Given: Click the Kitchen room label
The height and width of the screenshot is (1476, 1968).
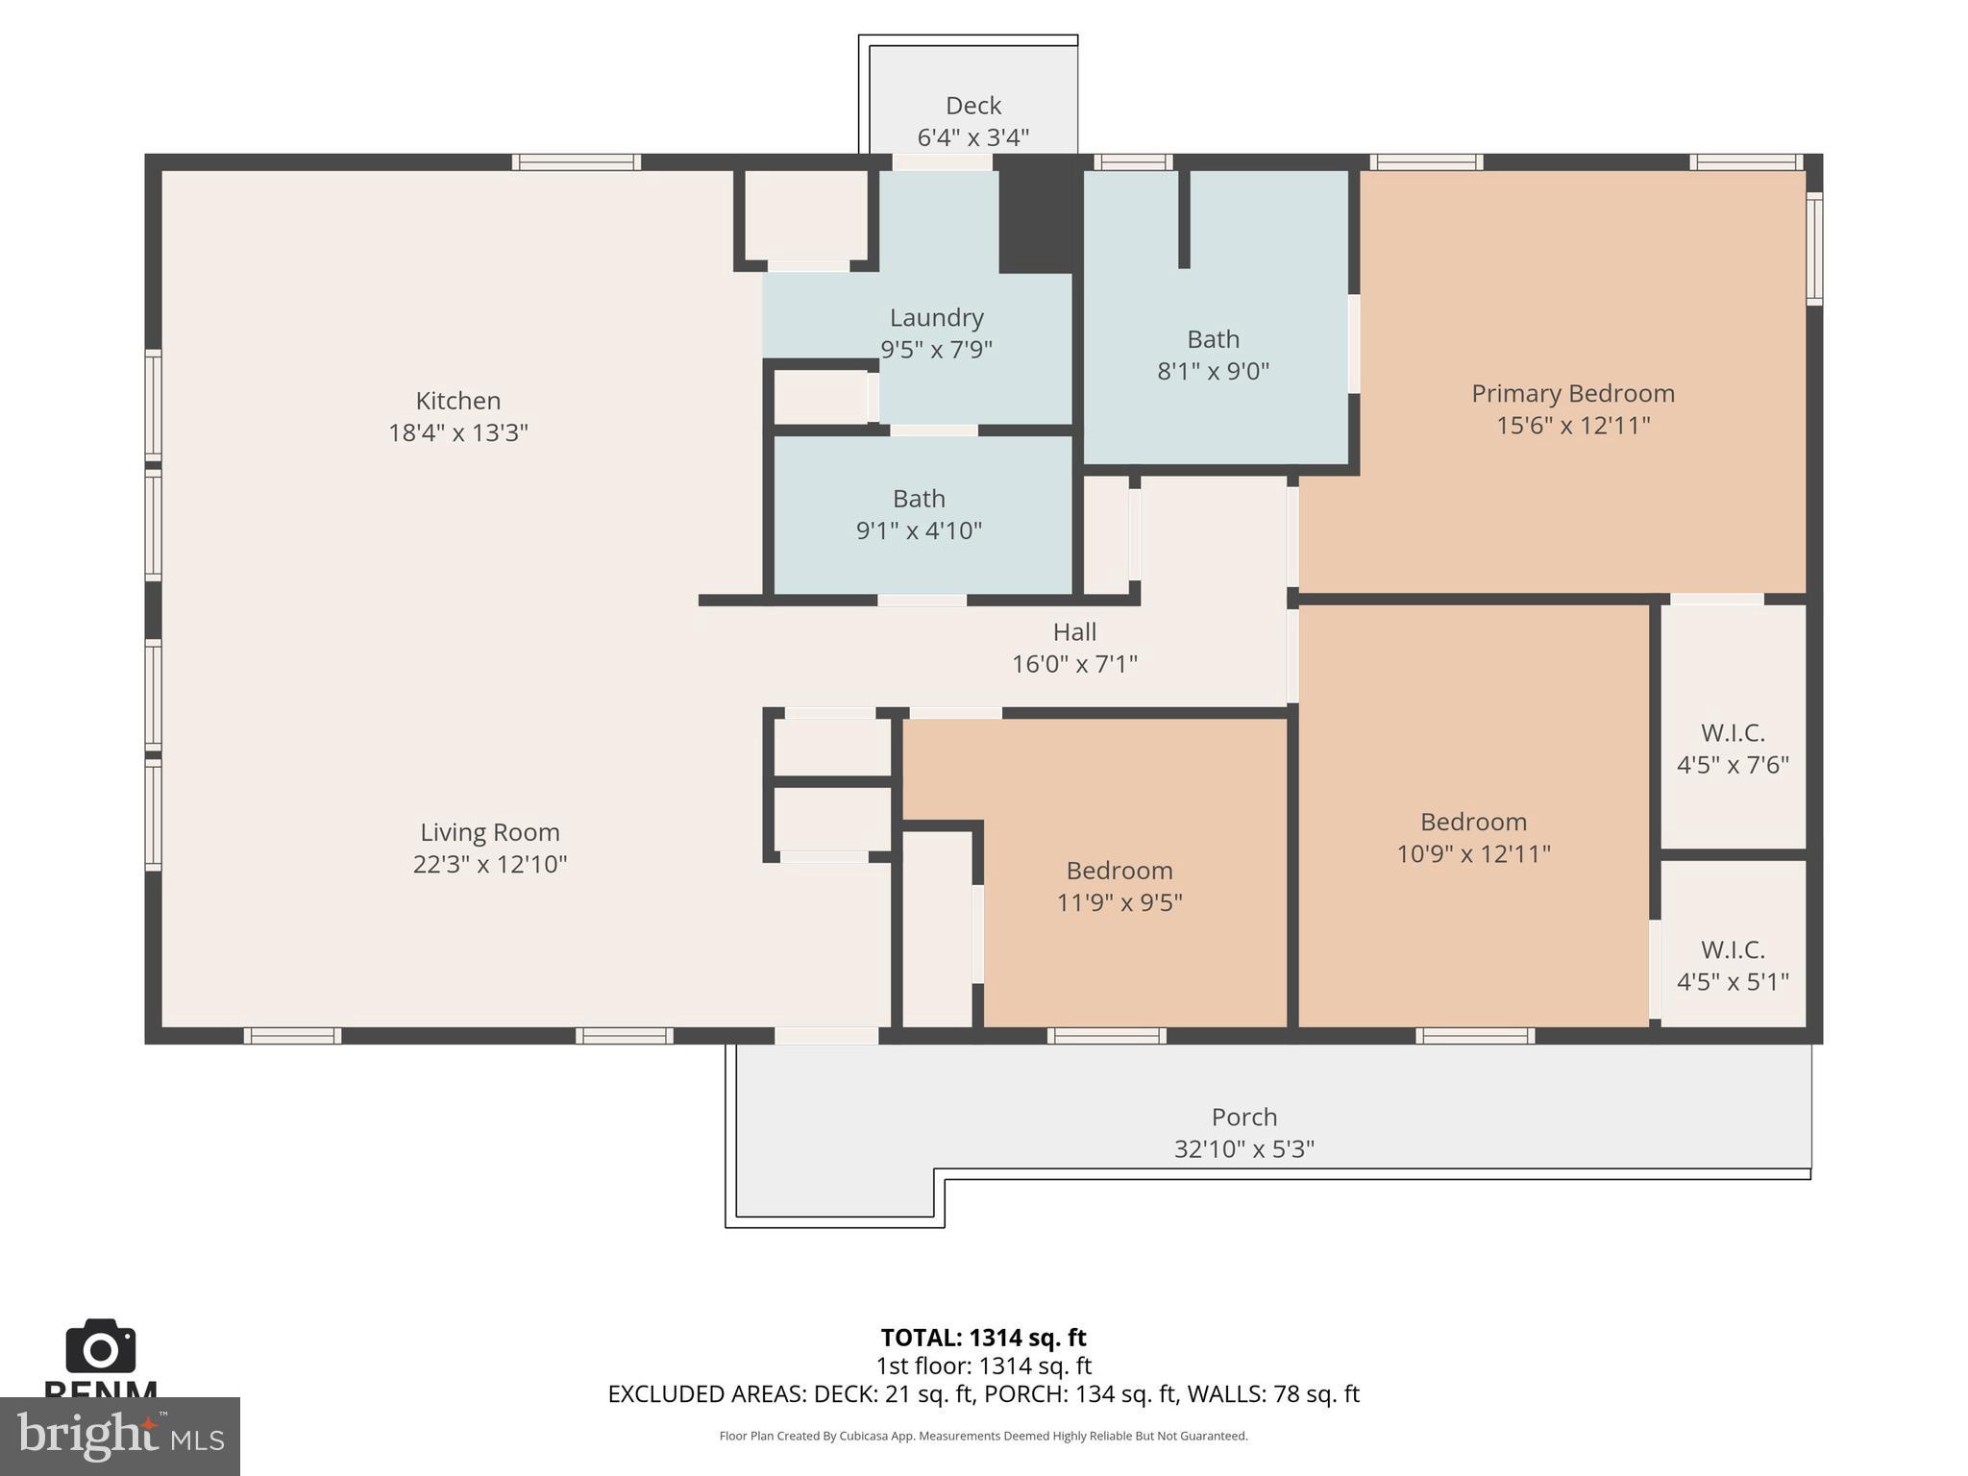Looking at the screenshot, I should (457, 401).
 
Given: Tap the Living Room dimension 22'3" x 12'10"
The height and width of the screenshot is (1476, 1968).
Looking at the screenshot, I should (490, 864).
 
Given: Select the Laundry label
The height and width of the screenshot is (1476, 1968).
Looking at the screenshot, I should (936, 317).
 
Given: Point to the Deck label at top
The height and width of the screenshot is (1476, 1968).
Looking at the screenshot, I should (972, 106).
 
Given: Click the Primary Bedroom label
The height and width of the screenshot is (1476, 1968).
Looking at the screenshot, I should (1572, 393).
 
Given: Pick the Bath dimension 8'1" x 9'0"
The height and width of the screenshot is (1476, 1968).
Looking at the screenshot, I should (1213, 371).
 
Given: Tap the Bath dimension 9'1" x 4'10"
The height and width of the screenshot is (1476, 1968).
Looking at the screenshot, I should (919, 530).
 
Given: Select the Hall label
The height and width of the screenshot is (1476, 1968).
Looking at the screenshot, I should (1073, 632).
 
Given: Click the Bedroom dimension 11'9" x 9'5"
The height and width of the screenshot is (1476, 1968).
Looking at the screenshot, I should (1119, 902).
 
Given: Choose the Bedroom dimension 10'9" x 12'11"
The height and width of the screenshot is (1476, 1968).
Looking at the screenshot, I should (1473, 853).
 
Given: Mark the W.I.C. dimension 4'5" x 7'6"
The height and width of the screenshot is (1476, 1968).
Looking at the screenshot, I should (1732, 765).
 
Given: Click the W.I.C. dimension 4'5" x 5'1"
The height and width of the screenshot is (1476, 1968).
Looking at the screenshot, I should (1732, 982).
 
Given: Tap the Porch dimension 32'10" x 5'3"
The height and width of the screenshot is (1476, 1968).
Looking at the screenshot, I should (1243, 1148).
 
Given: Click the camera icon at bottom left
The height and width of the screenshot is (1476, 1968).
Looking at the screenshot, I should (100, 1347).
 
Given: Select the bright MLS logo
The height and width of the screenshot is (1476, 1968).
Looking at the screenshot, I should (119, 1436).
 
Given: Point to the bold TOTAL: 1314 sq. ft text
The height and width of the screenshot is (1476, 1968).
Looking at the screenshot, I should (983, 1338).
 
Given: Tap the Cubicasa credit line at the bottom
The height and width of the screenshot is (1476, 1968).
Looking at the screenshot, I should (983, 1436).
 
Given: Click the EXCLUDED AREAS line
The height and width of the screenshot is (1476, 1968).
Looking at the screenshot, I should (983, 1393).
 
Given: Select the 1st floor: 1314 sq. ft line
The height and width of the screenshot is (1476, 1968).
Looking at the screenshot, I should (983, 1365).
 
